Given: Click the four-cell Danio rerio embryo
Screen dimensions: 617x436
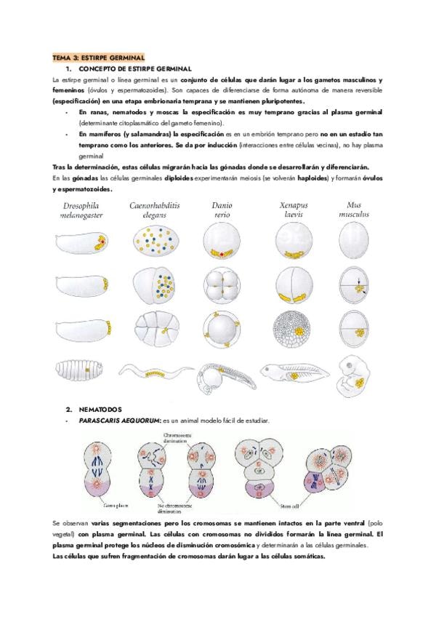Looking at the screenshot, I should [222, 284].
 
